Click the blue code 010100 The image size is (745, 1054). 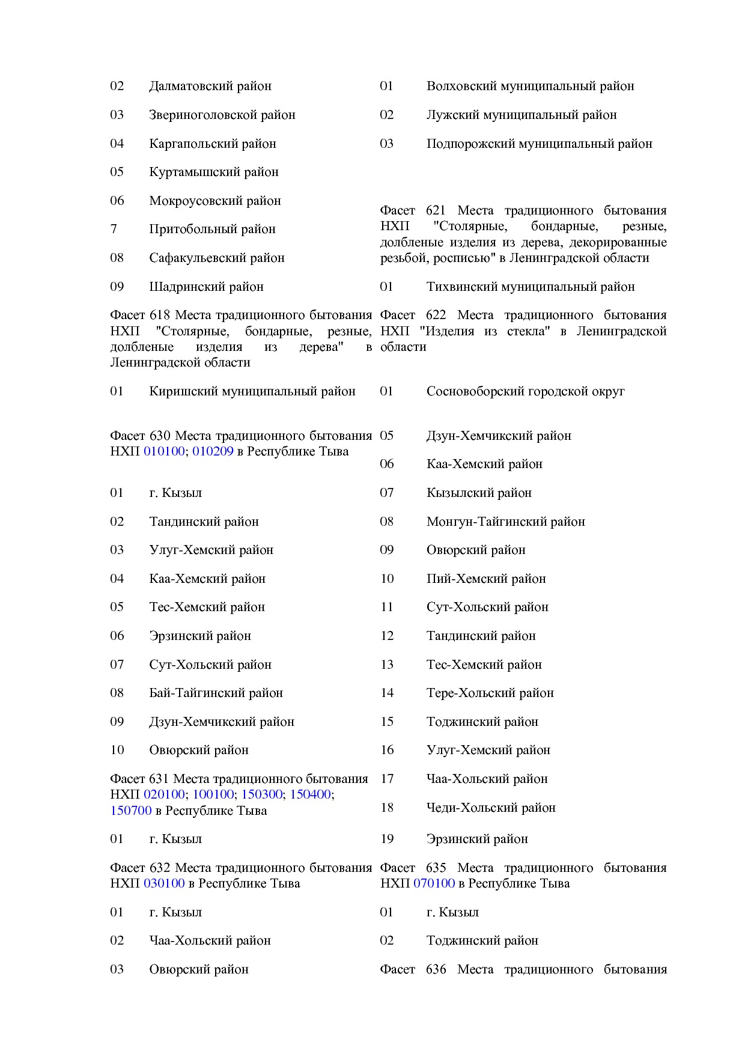click(164, 451)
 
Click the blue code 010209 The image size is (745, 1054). click(213, 451)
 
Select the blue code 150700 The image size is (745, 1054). click(131, 811)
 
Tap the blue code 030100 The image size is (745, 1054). click(164, 883)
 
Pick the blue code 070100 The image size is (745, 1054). click(434, 883)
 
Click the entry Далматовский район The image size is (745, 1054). click(210, 87)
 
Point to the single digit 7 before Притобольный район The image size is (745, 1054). click(114, 229)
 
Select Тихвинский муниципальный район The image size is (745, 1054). click(531, 287)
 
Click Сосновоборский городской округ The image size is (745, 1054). click(525, 392)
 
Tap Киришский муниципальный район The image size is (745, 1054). click(252, 392)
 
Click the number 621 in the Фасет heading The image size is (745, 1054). click(436, 211)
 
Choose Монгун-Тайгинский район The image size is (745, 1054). click(505, 522)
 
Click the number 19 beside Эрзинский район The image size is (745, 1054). click(387, 839)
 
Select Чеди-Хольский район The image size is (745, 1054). click(491, 808)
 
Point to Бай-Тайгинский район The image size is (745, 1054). click(216, 693)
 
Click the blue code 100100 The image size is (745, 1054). click(213, 794)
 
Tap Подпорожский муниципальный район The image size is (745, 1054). click(539, 144)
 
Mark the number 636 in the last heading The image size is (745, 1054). click(436, 969)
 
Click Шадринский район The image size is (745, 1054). click(206, 287)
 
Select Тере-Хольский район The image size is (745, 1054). click(490, 693)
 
